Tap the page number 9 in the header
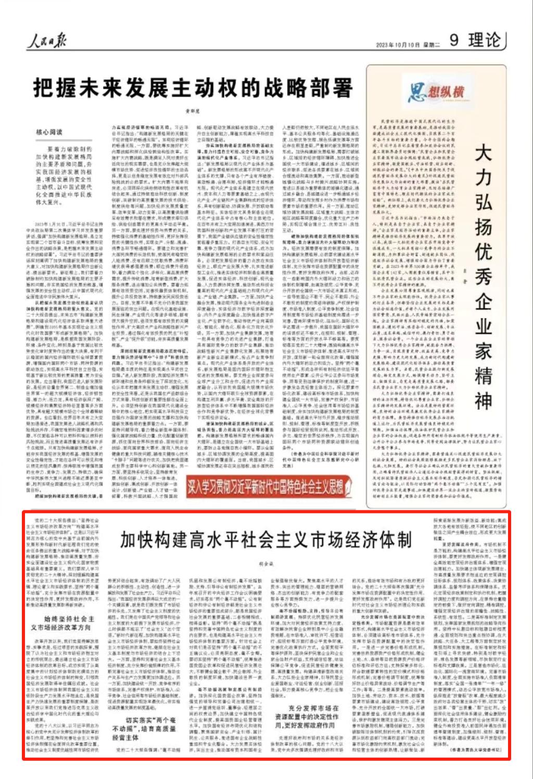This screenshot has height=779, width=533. tap(454, 41)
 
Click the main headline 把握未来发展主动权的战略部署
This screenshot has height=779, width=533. tap(193, 88)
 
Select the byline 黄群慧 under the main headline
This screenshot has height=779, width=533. tap(193, 110)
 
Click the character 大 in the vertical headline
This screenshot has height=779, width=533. tap(483, 154)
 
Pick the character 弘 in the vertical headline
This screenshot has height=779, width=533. tap(483, 203)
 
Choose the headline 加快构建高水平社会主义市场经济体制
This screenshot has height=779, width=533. tap(266, 540)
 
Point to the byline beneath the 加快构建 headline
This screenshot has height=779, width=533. tap(266, 563)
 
